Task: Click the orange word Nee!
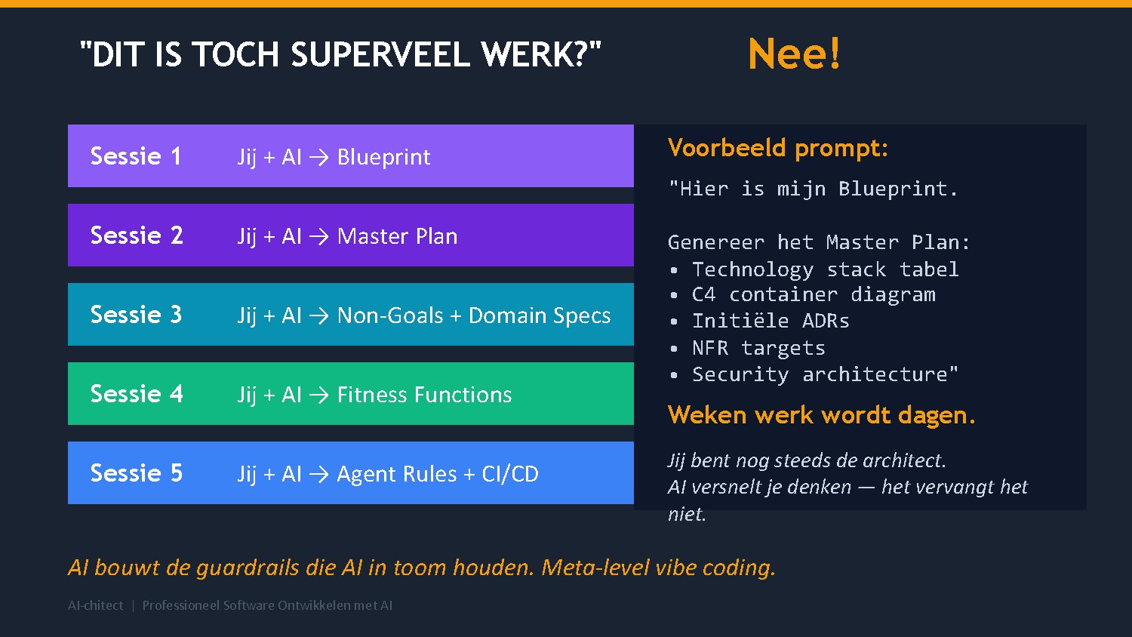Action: pos(794,54)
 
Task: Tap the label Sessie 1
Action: pos(136,156)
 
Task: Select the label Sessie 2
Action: pos(137,235)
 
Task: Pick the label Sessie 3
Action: pos(136,315)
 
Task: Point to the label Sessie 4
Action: pos(137,394)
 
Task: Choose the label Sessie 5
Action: pos(137,473)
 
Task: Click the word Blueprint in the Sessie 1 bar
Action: pos(383,157)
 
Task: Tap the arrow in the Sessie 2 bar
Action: pos(318,236)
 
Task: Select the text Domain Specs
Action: pos(540,315)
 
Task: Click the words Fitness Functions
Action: pos(424,395)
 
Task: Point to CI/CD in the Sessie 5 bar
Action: pos(510,474)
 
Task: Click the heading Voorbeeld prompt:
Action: pos(777,148)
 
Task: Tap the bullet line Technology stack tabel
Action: pos(825,269)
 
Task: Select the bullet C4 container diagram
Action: pos(814,294)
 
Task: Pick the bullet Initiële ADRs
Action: pos(771,321)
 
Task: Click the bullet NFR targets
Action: pos(758,348)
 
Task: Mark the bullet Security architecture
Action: pos(825,374)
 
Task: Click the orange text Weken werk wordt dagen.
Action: pos(821,415)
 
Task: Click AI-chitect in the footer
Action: pos(95,605)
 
